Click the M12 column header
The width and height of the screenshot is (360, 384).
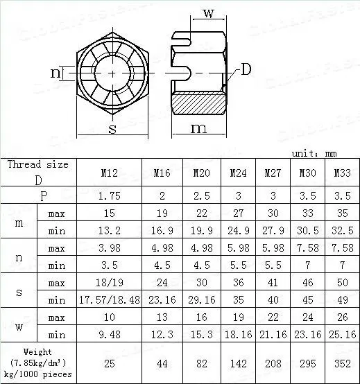110,173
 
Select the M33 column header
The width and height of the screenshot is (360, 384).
343,173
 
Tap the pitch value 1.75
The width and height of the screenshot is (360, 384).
110,196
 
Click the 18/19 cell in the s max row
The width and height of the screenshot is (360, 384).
110,283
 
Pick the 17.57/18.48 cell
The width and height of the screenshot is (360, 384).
110,300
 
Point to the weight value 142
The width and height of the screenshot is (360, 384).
239,364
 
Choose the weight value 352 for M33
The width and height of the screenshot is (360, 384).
343,364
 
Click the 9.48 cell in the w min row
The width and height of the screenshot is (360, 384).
110,335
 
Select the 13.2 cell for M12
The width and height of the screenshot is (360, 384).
110,231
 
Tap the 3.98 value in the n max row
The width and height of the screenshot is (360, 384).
110,248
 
